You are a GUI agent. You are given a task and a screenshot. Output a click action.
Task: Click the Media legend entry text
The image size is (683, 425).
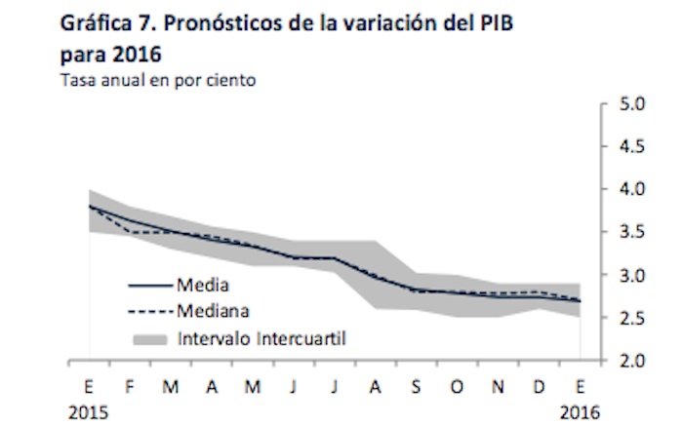coord(202,286)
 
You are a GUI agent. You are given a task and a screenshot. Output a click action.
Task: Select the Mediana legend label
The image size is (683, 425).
coord(212,312)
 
